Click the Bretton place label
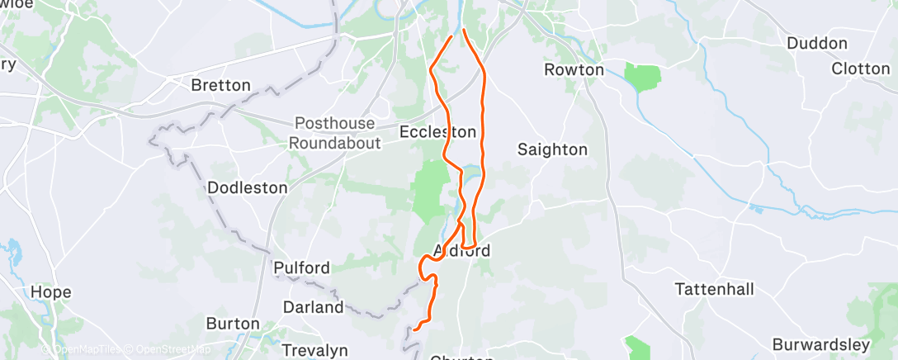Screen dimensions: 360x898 point(220,85)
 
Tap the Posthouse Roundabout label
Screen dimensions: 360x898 point(334,133)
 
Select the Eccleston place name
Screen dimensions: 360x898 point(437,132)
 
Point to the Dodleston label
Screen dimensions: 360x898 point(248,188)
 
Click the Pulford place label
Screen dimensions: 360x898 point(301,268)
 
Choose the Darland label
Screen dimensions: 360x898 point(313,307)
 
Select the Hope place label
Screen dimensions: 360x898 point(51,292)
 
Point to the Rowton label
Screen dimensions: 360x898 point(574,70)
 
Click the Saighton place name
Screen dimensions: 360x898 point(552,149)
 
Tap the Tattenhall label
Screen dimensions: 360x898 point(713,290)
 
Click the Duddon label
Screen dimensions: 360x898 point(817,43)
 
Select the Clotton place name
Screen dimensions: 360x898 point(861,69)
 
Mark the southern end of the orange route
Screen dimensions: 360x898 point(415,328)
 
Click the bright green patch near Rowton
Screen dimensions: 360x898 point(643,78)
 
